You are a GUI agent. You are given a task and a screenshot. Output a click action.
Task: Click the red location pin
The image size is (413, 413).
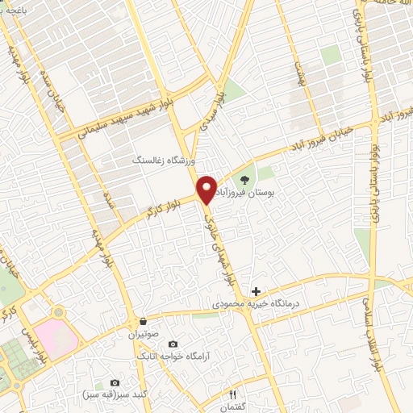click(x=206, y=188)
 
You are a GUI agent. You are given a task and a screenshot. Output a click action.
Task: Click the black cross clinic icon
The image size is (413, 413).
click(x=257, y=290)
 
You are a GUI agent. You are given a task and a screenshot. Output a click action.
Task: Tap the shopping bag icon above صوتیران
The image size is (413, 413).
click(x=143, y=320)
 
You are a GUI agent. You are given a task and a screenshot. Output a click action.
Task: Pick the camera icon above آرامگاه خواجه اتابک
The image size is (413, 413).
click(x=173, y=344)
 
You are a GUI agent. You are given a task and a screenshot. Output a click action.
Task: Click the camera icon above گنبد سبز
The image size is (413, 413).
click(x=115, y=382)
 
